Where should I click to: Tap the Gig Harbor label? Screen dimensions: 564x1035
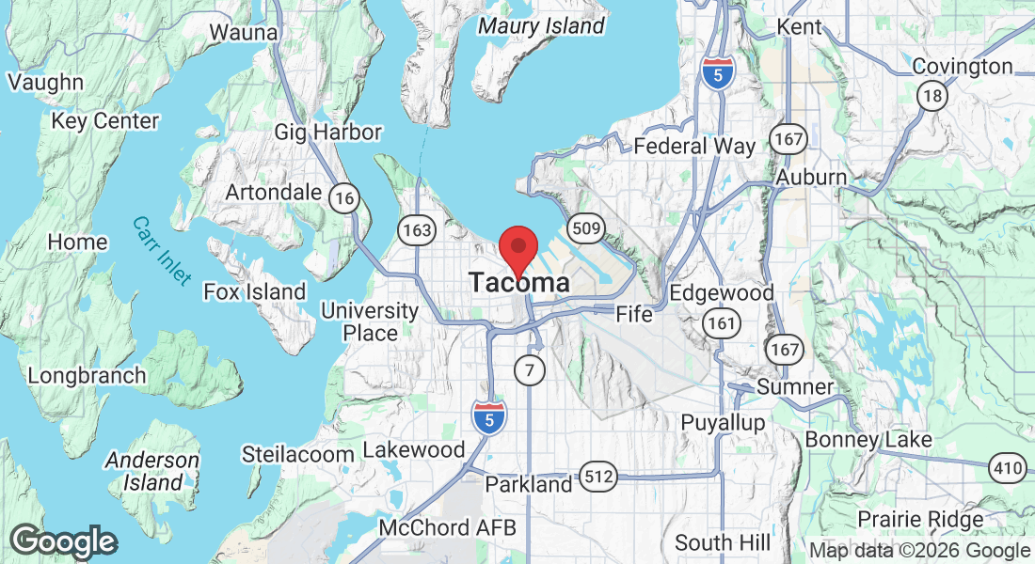(327, 132)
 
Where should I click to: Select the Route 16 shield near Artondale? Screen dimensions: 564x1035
(345, 196)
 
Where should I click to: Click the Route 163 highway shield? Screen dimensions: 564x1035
(415, 229)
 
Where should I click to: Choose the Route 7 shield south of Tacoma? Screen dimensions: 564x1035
(530, 370)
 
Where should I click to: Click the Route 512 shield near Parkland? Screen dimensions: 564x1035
(598, 478)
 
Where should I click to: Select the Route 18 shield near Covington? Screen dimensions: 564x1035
(932, 96)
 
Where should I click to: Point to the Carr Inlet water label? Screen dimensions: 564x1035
(161, 251)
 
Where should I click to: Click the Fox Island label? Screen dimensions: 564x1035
(255, 291)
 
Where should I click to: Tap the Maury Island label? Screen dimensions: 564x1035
(541, 25)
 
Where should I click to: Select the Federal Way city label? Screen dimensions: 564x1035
(694, 146)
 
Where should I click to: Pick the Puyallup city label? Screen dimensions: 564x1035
(723, 422)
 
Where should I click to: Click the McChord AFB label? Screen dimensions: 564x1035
(447, 527)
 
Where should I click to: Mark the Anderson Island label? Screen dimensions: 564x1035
(151, 472)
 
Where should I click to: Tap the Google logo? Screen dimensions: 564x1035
(63, 541)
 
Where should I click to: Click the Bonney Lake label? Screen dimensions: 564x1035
(868, 439)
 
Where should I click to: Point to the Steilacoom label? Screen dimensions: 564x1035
(297, 454)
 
